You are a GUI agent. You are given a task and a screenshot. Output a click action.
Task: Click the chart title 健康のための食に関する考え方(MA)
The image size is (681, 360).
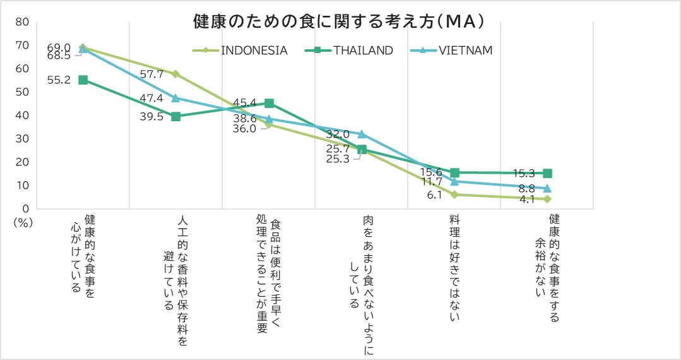point(339,21)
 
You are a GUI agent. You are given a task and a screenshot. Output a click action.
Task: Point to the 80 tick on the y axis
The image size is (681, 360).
point(22,21)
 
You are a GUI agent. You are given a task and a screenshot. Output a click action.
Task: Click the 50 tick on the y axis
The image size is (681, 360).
point(22,92)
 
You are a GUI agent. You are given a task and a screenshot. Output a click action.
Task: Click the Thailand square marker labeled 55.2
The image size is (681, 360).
point(83,80)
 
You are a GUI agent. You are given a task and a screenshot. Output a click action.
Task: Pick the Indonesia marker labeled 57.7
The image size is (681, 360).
point(175,74)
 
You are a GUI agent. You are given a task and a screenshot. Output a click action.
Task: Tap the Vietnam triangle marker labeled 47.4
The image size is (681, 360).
point(175,98)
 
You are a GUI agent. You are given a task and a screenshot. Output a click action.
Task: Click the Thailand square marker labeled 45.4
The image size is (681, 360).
point(269,103)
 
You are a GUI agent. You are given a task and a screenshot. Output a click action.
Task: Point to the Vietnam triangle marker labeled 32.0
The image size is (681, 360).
point(362,134)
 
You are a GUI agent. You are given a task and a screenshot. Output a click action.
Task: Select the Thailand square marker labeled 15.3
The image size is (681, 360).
point(547,173)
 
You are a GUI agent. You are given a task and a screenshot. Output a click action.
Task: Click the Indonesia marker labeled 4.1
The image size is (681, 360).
point(547,199)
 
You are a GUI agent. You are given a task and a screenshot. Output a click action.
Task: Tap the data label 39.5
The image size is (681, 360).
point(152,116)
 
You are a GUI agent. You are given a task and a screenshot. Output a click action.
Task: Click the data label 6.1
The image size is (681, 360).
point(434,195)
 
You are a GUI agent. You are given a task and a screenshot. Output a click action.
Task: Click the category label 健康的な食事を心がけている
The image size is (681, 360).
point(83,253)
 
